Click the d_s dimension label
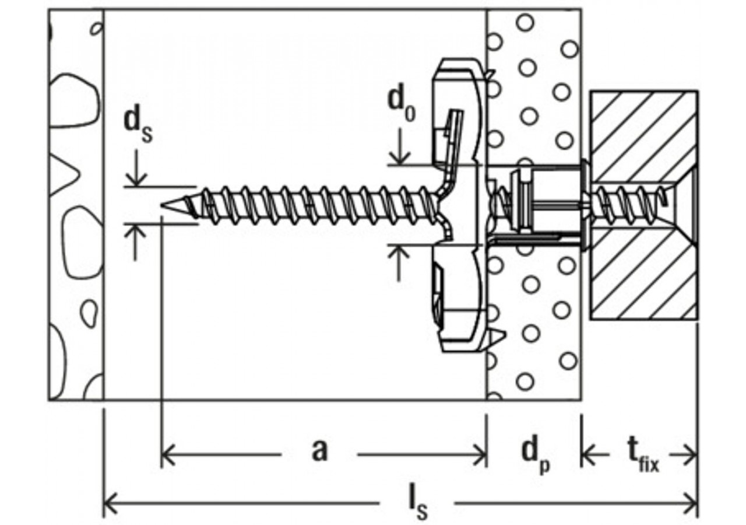click(x=138, y=126)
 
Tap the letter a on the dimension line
click(x=319, y=450)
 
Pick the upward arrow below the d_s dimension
click(x=135, y=242)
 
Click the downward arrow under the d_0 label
click(x=400, y=146)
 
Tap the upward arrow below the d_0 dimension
click(x=399, y=262)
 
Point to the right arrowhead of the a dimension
click(x=480, y=454)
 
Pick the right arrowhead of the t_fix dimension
click(x=690, y=454)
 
